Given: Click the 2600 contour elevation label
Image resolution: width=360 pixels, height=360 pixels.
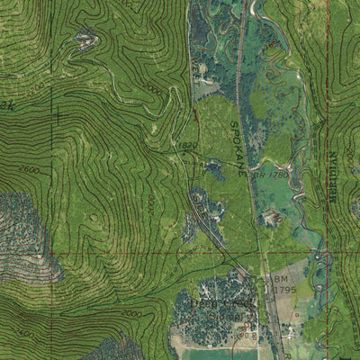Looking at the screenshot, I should [29, 170].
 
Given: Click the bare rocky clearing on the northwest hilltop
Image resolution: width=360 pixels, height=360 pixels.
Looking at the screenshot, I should [86, 38].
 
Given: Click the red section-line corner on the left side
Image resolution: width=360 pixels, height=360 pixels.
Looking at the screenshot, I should [52, 255].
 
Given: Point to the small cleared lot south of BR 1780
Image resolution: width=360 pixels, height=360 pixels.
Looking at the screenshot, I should [271, 216].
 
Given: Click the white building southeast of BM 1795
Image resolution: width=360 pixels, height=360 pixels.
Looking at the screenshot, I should [293, 330].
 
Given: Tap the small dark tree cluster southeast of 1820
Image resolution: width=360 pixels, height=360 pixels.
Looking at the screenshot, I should [213, 167].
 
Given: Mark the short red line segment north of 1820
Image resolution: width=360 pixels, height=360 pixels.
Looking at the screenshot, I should [193, 115].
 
